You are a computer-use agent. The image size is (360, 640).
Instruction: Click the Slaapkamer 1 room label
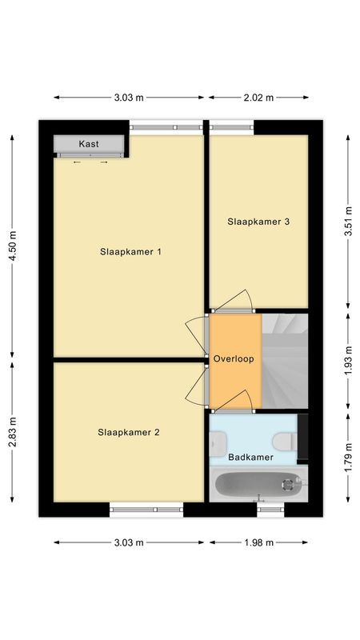click(x=131, y=252)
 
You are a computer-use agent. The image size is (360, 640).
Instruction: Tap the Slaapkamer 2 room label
click(x=129, y=433)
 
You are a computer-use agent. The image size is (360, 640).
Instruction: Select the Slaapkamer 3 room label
click(x=258, y=222)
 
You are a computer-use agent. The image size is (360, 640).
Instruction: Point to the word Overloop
click(x=234, y=359)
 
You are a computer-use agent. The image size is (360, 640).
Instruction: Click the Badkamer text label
click(x=251, y=458)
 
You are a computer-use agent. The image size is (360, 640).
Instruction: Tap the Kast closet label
click(x=89, y=144)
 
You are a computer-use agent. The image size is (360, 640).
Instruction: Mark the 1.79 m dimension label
click(x=348, y=458)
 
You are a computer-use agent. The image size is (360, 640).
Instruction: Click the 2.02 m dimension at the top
click(x=258, y=98)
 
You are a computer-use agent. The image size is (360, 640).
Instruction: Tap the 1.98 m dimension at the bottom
click(x=258, y=542)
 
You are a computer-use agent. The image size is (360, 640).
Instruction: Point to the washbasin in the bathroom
click(x=217, y=441)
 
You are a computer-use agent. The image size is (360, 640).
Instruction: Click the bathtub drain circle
click(x=286, y=483)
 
